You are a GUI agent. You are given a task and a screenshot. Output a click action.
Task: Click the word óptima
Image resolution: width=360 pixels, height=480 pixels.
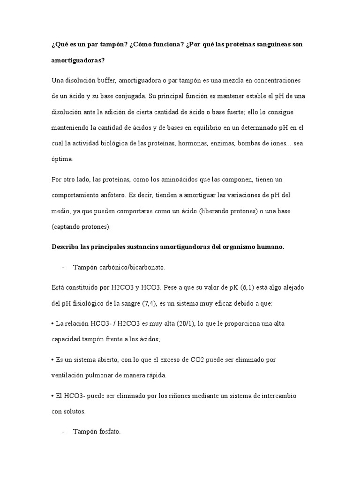[x=62, y=159]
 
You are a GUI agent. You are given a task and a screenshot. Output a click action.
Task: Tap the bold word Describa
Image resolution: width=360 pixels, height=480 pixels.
[x=65, y=247]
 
